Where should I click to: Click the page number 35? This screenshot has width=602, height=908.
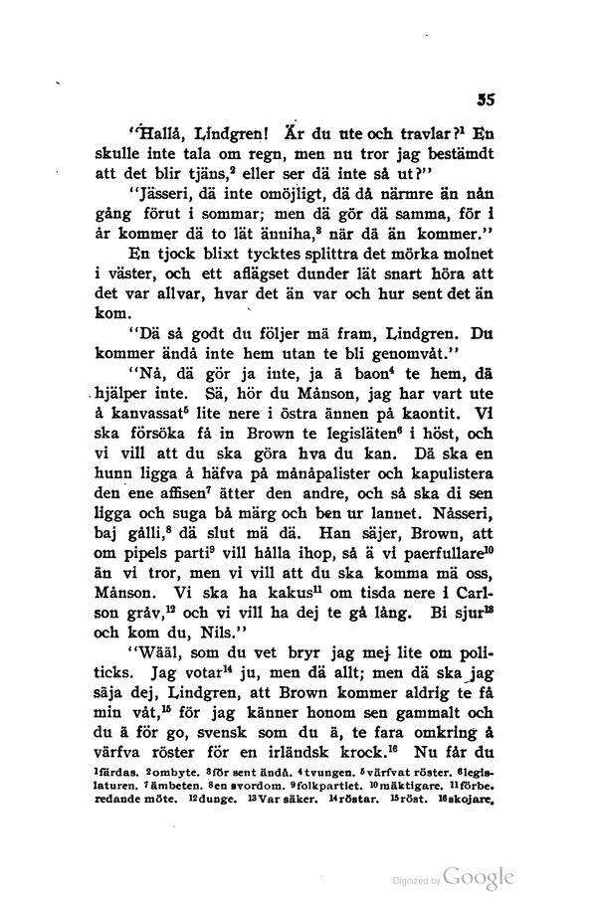[x=488, y=99]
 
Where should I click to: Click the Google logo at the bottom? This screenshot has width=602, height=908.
[x=481, y=877]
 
